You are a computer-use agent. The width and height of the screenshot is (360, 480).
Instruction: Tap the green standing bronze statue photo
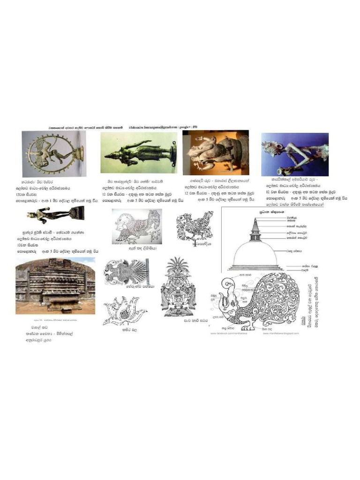tap(139, 152)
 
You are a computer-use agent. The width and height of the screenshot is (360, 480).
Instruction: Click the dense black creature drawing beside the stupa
tap(194, 226)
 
